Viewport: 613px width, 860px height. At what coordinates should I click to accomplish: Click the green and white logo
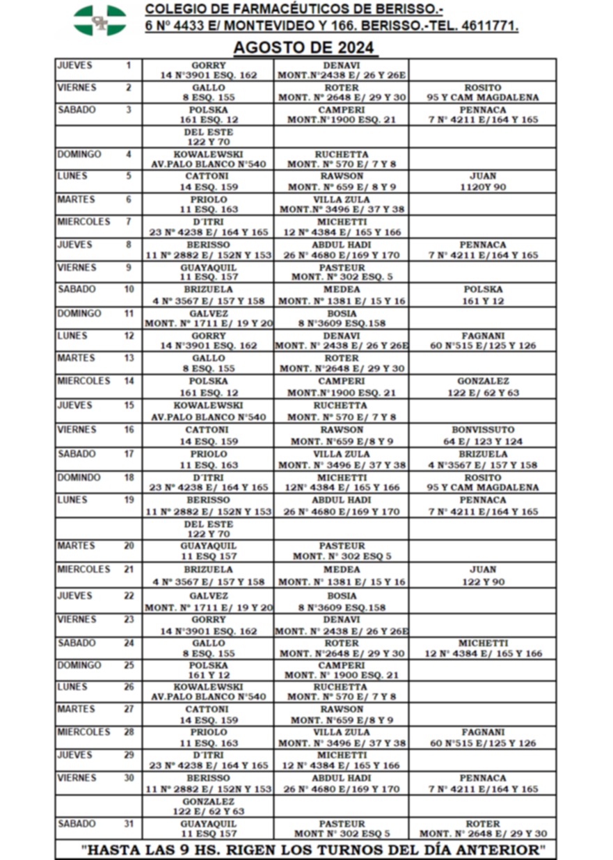tap(100, 20)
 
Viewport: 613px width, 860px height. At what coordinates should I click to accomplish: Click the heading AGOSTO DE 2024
tap(305, 48)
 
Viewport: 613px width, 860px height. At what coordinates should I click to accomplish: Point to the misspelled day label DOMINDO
tap(79, 478)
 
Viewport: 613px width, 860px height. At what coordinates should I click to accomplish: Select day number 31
tap(129, 824)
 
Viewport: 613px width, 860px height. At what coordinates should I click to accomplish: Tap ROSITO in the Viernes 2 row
tap(483, 88)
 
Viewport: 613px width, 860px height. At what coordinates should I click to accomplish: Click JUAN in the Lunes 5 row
tap(483, 176)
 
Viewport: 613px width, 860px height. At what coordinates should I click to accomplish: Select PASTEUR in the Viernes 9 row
tap(342, 267)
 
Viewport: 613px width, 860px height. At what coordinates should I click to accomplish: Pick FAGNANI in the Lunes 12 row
tap(483, 335)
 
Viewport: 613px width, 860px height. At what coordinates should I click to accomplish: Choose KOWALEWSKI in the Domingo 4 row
tap(208, 154)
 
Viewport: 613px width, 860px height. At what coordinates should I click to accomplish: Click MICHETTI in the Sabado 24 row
tap(483, 643)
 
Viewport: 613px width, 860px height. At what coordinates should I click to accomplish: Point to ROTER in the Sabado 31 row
tap(483, 824)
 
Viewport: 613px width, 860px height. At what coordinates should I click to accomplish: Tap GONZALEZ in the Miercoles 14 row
tap(483, 381)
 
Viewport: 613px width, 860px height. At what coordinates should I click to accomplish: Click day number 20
tap(129, 546)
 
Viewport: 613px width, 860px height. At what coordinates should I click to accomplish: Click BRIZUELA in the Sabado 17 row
tap(483, 454)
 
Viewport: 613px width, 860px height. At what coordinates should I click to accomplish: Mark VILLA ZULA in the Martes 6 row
tap(342, 199)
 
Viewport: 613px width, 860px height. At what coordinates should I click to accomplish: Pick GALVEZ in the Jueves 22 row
tap(208, 596)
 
